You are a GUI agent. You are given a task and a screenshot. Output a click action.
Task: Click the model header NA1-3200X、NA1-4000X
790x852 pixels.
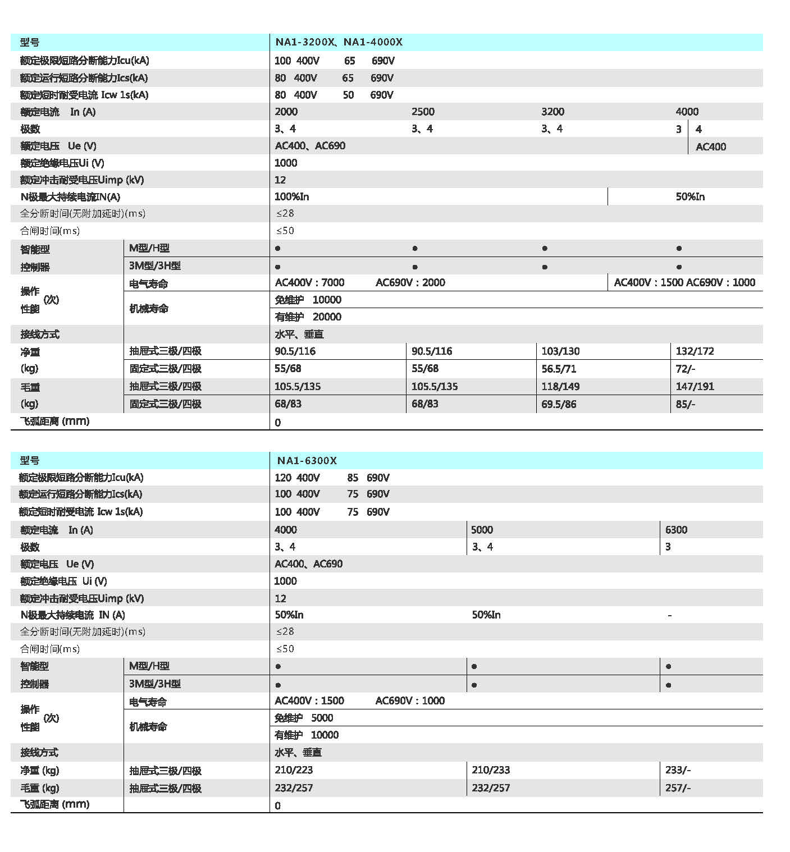point(339,42)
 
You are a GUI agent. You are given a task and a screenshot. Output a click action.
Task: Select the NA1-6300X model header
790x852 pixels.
point(307,461)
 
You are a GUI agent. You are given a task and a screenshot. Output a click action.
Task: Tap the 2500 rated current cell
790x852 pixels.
point(423,112)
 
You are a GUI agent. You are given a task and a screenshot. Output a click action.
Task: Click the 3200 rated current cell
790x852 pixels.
point(552,112)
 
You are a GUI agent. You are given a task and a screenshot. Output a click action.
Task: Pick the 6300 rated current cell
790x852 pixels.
point(676,530)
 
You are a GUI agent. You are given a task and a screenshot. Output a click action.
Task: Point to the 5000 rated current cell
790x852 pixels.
point(482,530)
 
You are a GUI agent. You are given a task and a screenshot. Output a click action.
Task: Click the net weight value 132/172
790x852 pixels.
point(695,351)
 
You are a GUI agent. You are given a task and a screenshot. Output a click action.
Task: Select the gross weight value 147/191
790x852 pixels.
point(695,386)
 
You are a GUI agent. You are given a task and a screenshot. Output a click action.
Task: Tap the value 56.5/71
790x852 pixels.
point(559,369)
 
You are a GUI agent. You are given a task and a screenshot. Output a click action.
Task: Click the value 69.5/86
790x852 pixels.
point(559,404)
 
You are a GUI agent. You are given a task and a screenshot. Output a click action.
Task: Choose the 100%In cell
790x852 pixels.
point(291,197)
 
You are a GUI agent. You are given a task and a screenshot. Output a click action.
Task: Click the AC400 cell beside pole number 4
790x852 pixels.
point(710,147)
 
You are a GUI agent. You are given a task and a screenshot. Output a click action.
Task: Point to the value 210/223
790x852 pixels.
point(294,770)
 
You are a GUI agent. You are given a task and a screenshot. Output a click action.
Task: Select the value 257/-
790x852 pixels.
point(678,788)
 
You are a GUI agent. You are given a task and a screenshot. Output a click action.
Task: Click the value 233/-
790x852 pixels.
point(678,770)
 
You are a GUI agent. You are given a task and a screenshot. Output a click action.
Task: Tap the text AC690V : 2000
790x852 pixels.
point(410,282)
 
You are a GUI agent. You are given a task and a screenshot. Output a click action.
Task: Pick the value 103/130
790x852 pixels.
point(560,351)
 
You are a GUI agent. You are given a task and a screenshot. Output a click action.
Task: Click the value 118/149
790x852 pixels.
point(560,386)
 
